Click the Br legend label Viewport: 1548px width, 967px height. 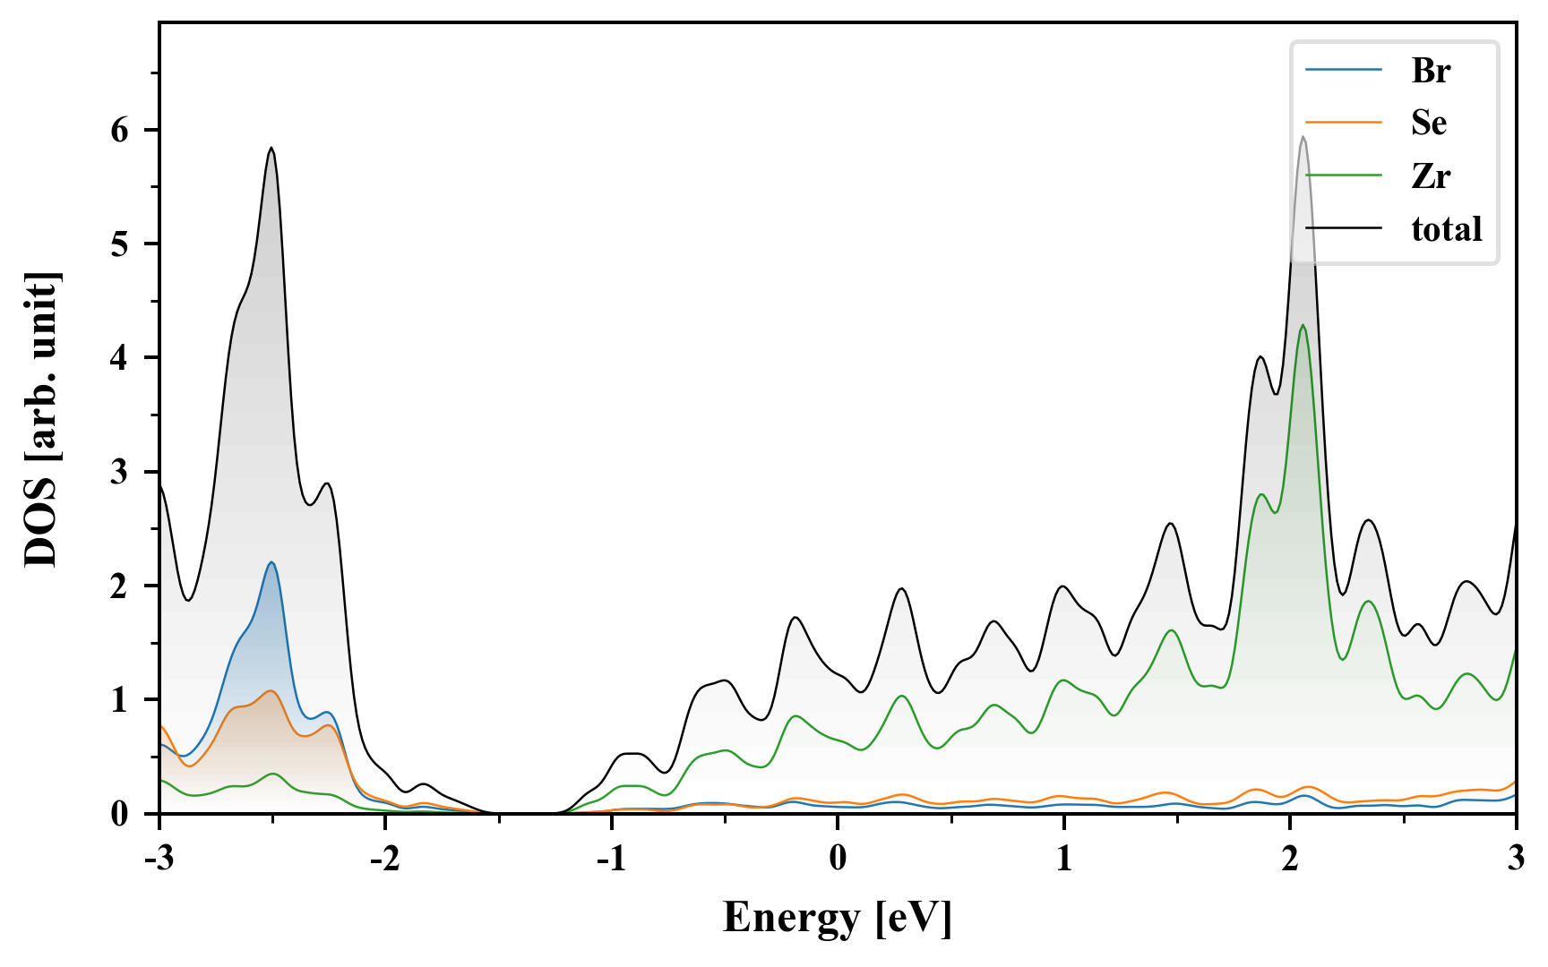click(x=1430, y=70)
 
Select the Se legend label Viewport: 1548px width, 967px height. click(x=1429, y=123)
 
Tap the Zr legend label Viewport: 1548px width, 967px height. click(x=1430, y=175)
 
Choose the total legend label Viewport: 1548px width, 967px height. click(x=1446, y=229)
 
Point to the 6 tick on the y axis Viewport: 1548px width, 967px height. click(x=120, y=131)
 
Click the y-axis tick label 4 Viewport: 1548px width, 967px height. click(x=120, y=358)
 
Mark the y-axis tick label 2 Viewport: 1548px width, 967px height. click(x=120, y=586)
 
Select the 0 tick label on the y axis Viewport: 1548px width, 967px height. click(x=120, y=813)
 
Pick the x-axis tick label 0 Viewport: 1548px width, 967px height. click(x=838, y=858)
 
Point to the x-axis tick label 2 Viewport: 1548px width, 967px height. click(x=1289, y=858)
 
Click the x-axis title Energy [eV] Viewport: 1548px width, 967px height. click(x=838, y=917)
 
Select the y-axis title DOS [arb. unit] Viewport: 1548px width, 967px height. click(x=41, y=419)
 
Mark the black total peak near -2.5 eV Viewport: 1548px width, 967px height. click(x=271, y=149)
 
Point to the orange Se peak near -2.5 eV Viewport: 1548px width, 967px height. click(x=271, y=691)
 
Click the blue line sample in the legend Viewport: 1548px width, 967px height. click(x=1343, y=70)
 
